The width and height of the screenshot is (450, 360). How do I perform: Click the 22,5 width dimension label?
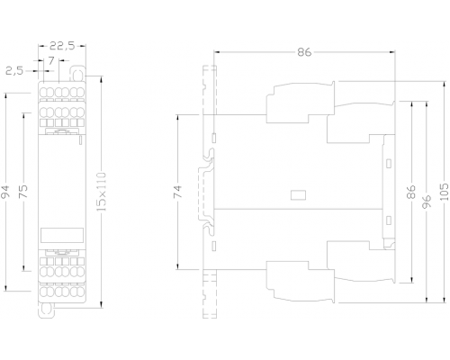62,46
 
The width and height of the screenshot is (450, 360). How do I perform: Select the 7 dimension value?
51,61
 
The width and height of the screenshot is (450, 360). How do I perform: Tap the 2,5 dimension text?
14,71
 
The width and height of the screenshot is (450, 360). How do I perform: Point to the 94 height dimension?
6,192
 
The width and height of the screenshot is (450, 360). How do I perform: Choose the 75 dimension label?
23,191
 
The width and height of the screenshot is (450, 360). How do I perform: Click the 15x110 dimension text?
102,192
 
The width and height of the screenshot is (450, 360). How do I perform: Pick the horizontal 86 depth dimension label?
304,52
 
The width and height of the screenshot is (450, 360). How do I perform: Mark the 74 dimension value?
178,192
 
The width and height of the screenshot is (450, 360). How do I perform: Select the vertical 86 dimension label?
411,192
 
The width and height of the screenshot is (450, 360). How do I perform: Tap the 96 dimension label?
427,202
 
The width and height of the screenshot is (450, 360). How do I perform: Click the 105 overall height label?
445,192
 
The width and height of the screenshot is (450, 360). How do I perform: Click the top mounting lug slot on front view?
77,74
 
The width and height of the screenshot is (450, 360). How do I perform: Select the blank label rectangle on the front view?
62,235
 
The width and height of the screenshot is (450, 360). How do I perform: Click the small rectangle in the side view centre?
299,195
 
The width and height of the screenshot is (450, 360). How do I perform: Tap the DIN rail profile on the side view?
207,192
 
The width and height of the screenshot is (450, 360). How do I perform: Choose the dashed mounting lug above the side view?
210,90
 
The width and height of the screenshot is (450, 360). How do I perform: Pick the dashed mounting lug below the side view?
210,294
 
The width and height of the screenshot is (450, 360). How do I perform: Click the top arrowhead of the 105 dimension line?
445,85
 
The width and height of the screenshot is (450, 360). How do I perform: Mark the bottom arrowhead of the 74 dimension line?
178,266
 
